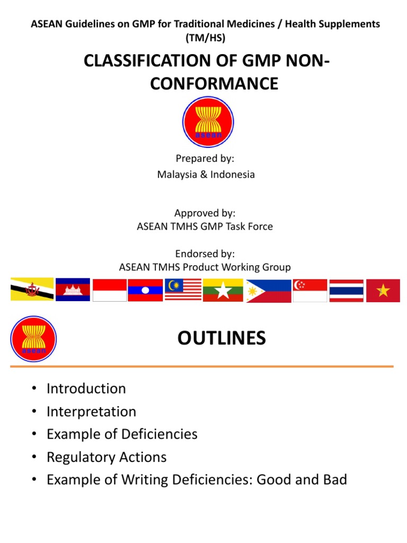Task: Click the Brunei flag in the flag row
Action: [32, 290]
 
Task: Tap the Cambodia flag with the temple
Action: [73, 290]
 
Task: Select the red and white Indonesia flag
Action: [110, 290]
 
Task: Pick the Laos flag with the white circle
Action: [145, 290]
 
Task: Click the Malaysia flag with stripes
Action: [183, 290]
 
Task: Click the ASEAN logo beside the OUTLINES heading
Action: [33, 339]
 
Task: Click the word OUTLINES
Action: [222, 338]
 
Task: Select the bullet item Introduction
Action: [86, 389]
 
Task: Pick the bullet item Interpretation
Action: [91, 411]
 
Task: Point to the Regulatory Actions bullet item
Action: [107, 457]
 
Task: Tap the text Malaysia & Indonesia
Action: [206, 174]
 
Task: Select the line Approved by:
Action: [205, 213]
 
